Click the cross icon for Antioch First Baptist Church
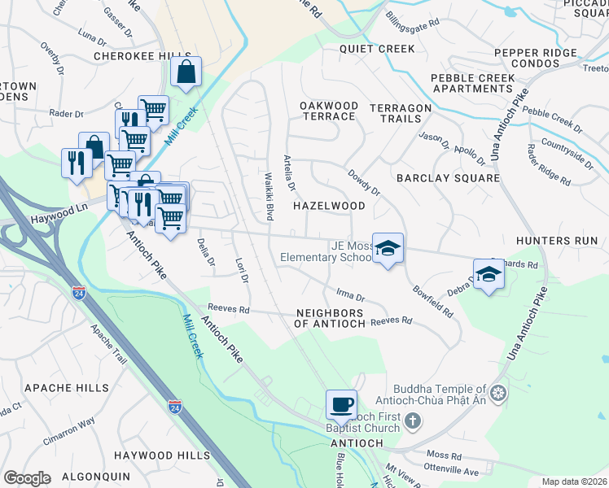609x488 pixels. (414, 420)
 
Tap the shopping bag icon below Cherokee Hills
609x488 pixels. (186, 71)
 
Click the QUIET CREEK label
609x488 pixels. (378, 49)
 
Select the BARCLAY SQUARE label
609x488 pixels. (448, 177)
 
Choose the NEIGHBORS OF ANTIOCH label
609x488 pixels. (329, 318)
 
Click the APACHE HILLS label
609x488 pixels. (60, 388)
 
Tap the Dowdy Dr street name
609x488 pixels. (364, 181)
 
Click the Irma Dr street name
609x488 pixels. (349, 295)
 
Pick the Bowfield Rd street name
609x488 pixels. (432, 301)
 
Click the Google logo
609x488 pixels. (27, 478)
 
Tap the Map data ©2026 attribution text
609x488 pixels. (573, 481)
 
